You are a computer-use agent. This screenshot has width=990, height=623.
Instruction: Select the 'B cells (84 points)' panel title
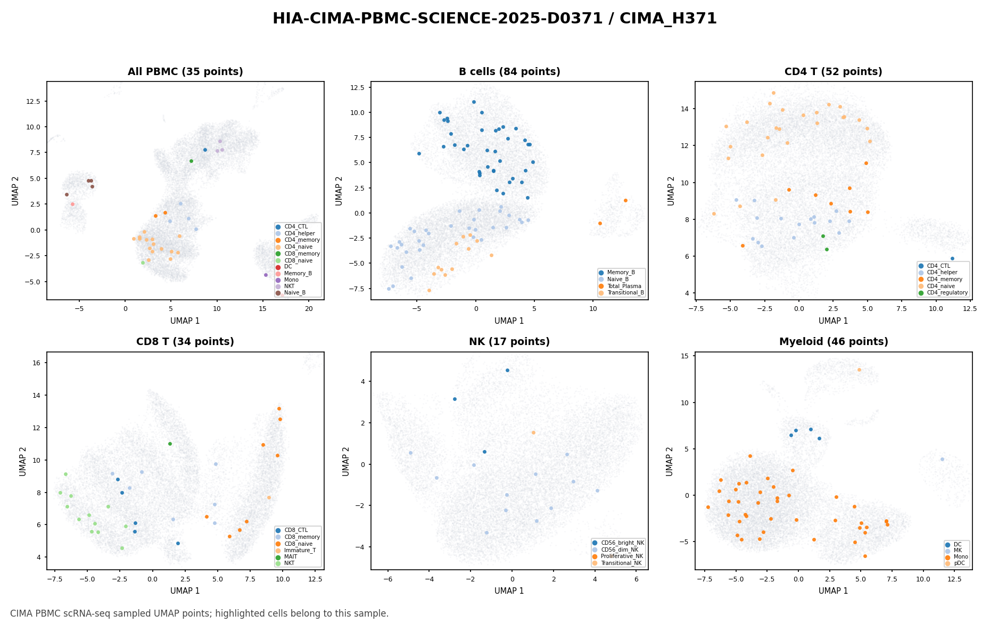509,72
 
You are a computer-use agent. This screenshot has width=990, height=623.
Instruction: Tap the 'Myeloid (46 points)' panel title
834,342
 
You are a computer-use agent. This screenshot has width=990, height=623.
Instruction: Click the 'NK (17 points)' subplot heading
509,342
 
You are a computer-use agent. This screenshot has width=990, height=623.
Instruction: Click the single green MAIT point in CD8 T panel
170,444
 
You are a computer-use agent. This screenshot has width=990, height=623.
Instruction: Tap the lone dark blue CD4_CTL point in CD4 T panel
952,259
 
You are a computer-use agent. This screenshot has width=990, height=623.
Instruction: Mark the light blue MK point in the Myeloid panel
942,459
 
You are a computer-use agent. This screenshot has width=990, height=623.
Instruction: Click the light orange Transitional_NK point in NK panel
533,432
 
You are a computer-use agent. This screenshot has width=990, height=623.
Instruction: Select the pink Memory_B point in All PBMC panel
72,204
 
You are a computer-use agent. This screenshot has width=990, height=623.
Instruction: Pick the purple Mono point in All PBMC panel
266,275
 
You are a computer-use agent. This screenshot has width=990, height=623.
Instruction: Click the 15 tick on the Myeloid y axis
686,356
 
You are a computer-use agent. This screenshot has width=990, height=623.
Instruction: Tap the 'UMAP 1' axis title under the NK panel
509,591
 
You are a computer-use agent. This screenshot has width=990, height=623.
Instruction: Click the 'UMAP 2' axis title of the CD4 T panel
671,191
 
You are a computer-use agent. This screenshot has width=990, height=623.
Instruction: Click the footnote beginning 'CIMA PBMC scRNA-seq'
200,613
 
